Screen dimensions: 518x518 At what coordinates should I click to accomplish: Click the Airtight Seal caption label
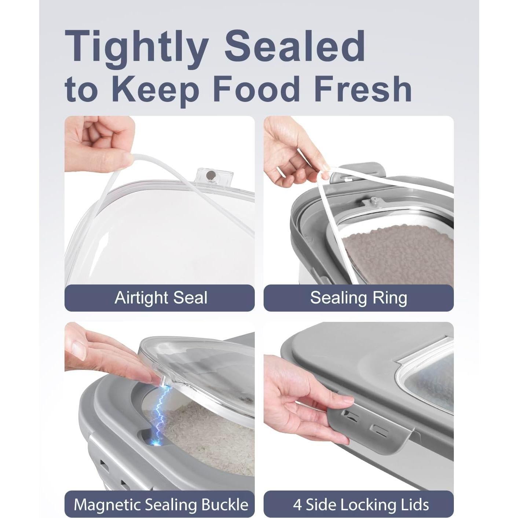(161, 298)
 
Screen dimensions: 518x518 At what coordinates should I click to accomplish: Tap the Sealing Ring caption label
(359, 298)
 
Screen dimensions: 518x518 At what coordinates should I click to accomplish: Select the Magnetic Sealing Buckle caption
(161, 504)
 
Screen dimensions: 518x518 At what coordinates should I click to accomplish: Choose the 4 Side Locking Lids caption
(361, 504)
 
